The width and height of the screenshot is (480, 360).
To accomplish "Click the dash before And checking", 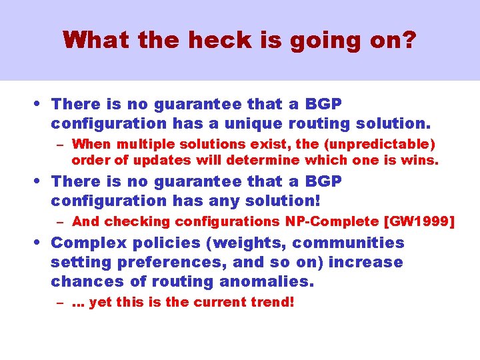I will (x=60, y=222).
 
